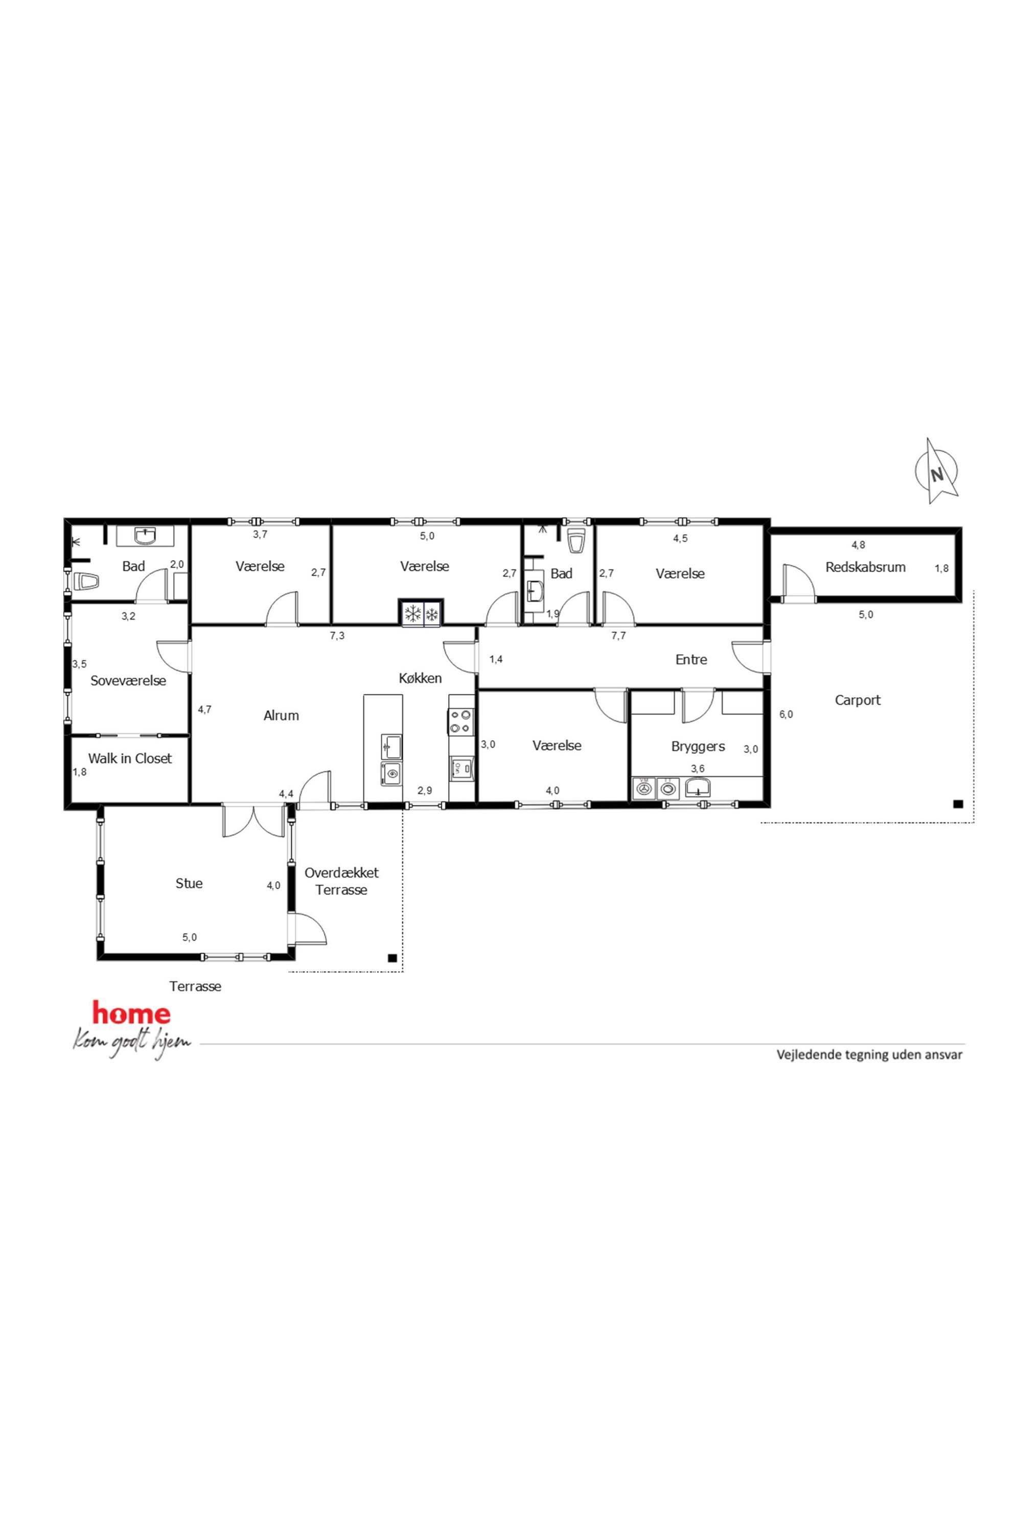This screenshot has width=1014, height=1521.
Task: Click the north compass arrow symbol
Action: point(936,471)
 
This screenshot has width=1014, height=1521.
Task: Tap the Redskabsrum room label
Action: point(865,567)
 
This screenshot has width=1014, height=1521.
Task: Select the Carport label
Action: point(858,700)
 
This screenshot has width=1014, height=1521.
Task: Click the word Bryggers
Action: point(698,746)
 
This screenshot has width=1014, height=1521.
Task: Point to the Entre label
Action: point(692,660)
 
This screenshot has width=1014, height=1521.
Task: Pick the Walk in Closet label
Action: point(130,758)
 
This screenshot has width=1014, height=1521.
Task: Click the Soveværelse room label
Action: point(128,680)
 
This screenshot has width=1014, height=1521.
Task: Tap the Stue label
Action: point(189,883)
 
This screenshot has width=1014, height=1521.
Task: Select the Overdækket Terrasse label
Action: point(341,881)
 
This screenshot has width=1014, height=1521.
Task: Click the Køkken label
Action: point(420,678)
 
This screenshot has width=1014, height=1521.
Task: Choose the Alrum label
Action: point(281,715)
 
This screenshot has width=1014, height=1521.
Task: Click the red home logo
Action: point(131,1013)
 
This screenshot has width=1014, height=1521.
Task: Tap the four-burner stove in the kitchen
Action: point(461,722)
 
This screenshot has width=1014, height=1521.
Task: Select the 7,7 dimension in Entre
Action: point(618,636)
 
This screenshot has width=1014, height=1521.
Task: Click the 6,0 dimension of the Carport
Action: point(786,715)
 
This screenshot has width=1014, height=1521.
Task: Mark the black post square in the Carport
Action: point(958,804)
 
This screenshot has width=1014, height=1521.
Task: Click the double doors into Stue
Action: point(254,821)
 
